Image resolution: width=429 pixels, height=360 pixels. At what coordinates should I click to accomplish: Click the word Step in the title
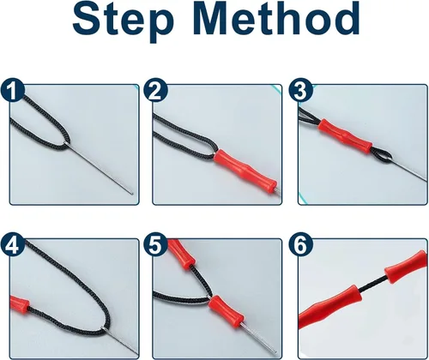coord(124,20)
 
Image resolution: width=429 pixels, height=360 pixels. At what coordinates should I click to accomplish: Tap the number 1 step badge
coord(12,91)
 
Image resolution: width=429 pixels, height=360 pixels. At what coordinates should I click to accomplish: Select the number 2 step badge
coord(155,91)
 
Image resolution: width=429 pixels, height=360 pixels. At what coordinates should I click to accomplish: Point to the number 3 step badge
coord(300,91)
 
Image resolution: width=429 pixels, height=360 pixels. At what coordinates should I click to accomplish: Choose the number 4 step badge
coord(12,245)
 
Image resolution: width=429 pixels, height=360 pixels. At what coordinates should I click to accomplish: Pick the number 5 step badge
coord(155,245)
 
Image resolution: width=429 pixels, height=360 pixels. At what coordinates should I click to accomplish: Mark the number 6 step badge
coord(300,245)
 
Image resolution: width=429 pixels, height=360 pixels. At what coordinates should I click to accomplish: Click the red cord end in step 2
coord(245,170)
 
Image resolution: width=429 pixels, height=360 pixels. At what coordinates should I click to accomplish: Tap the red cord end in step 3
coord(346,136)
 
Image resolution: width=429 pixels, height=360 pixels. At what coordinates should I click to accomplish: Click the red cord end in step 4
coord(20,304)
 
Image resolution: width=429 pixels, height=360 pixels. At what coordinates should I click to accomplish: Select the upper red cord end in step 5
coord(180,254)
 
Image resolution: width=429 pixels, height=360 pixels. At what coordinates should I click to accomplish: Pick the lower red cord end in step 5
coord(227,312)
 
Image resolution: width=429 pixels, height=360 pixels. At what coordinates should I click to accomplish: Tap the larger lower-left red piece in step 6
coord(329,307)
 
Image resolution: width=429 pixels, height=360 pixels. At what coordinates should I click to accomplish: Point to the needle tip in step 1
coord(132,194)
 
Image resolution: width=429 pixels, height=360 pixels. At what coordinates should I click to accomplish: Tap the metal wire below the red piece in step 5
coord(259,338)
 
